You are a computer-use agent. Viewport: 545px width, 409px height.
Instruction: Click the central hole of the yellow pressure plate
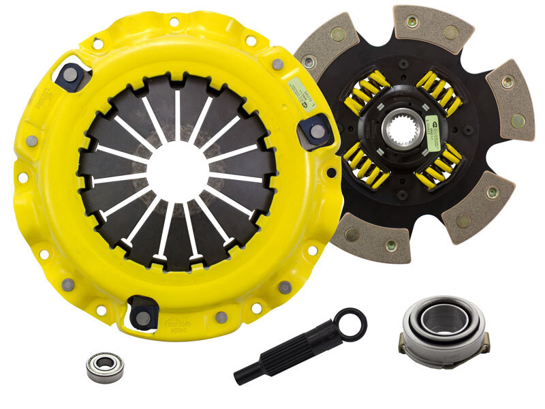tap(175, 170)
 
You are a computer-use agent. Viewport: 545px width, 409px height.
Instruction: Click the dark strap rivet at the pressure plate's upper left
tap(70, 77)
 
